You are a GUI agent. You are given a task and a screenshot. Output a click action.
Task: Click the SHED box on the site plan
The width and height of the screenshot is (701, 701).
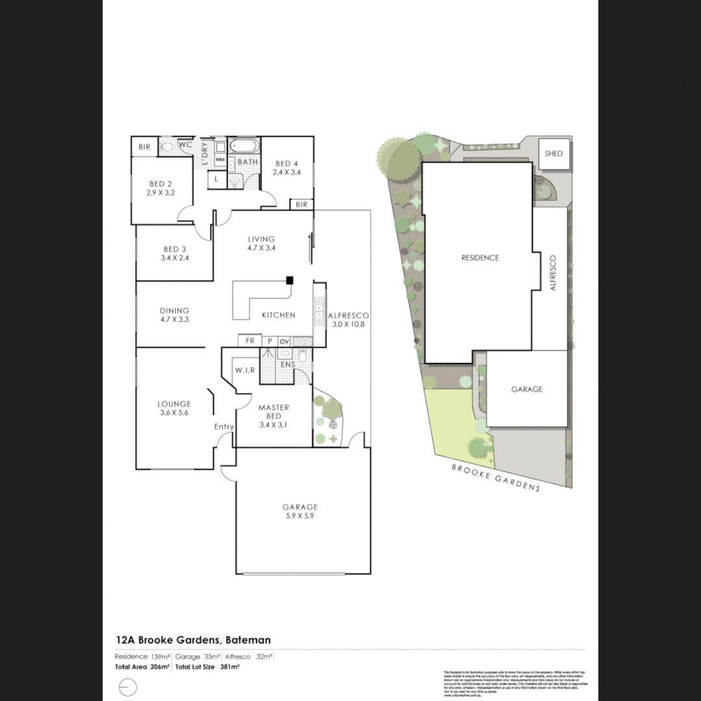tap(554, 154)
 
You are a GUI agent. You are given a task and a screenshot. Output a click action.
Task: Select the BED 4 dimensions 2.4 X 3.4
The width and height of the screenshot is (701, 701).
tap(286, 173)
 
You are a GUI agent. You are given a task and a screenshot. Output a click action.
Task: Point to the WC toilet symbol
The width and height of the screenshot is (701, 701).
tap(167, 147)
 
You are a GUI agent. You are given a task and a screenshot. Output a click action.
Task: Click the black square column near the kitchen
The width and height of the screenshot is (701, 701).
tap(289, 280)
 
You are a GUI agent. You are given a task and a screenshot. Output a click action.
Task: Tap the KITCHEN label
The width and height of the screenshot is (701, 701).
tap(278, 315)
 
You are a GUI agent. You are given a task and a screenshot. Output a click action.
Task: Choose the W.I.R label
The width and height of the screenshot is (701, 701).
tap(245, 370)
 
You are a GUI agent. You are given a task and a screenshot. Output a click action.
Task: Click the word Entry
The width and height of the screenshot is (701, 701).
tap(224, 426)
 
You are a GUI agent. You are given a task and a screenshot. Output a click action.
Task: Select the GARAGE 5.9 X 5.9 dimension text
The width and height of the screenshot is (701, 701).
tap(299, 517)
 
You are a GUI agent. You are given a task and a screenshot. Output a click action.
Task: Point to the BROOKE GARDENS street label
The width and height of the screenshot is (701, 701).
tap(496, 478)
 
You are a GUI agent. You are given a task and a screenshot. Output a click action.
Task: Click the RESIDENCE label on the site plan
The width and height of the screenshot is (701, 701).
tap(480, 258)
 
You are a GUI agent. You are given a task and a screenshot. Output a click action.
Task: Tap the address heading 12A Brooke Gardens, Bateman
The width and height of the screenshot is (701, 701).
tap(193, 640)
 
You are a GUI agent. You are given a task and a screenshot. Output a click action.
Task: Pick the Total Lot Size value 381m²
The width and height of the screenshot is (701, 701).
tap(230, 667)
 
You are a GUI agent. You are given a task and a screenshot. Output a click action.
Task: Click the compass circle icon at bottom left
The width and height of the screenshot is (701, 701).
tap(128, 687)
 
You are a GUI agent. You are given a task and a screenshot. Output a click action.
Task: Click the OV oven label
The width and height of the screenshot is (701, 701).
tap(284, 341)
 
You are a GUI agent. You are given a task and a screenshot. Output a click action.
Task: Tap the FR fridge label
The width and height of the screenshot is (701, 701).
tap(249, 341)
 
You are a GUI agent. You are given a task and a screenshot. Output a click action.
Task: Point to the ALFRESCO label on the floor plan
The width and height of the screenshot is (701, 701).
tap(349, 315)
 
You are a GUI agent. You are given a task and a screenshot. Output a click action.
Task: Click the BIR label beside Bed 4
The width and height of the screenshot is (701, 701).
tap(301, 204)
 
